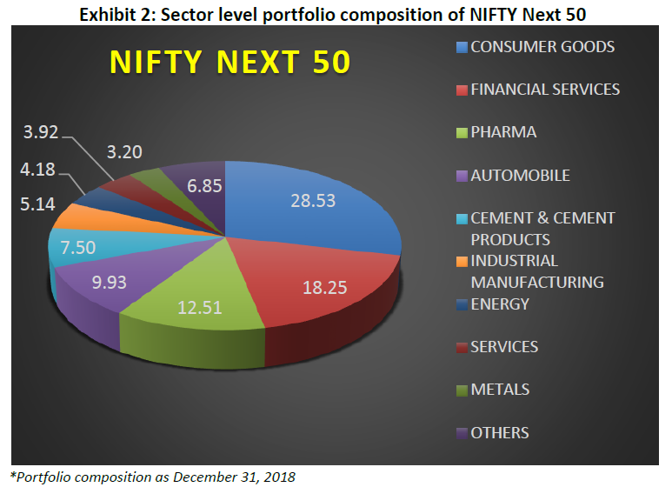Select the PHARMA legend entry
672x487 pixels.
point(503,132)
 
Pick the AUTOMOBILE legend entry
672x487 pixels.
point(520,175)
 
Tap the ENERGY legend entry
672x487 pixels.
point(500,304)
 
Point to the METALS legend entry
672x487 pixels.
point(500,390)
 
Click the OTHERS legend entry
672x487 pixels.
point(500,432)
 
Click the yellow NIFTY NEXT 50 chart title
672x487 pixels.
point(230,63)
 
